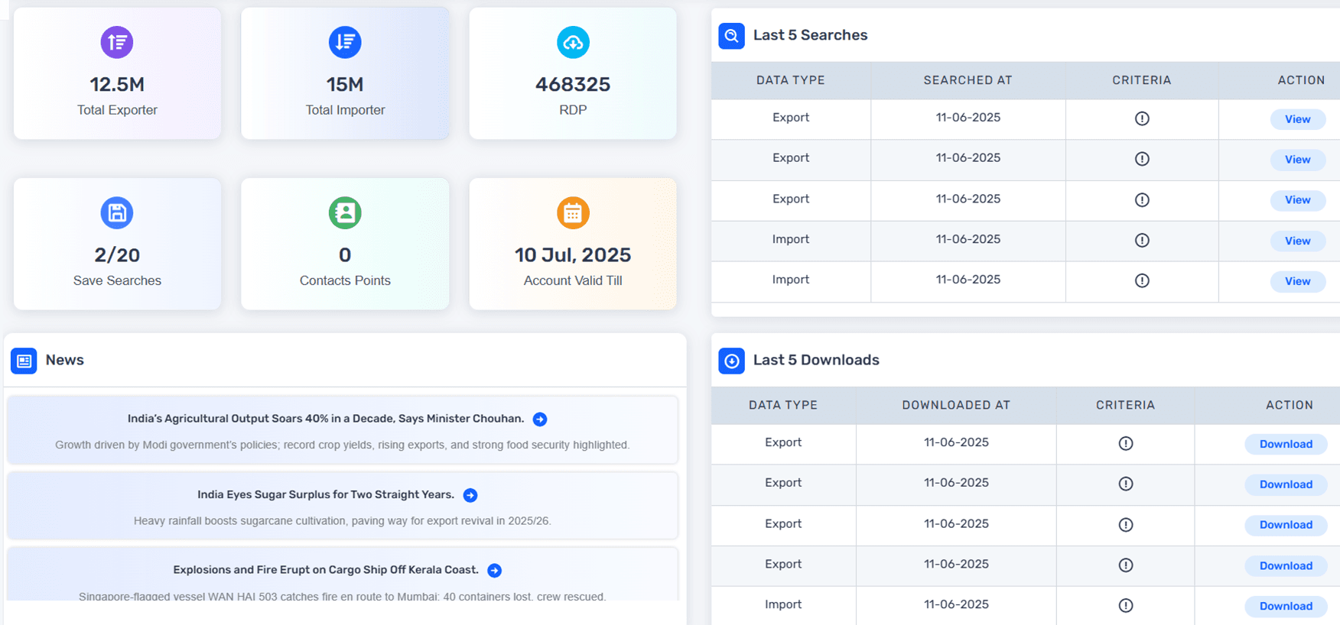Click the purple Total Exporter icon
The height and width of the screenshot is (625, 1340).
(117, 42)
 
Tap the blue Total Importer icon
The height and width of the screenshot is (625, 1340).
(345, 42)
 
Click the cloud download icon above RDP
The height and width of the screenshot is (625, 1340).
(573, 43)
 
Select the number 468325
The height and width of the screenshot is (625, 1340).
(573, 84)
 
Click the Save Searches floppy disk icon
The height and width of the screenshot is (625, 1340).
(117, 212)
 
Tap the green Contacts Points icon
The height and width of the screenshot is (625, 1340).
(345, 212)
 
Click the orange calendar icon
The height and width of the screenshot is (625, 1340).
(573, 213)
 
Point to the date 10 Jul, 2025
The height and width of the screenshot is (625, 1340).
(573, 254)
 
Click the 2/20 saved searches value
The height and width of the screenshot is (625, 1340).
(117, 254)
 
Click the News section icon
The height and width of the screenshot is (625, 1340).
(24, 361)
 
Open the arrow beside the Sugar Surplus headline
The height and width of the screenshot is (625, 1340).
(470, 495)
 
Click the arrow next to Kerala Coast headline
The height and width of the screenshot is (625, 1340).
(495, 571)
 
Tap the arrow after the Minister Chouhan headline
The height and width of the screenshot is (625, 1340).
(540, 419)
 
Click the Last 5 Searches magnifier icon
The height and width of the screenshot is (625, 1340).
(732, 36)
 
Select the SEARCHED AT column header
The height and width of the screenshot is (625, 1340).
(968, 80)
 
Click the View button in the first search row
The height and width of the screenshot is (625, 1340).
(1297, 119)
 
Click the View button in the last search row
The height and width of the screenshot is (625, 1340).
(1297, 281)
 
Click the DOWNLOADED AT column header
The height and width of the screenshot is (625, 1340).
(956, 405)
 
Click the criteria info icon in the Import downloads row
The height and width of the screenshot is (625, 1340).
(1126, 605)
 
